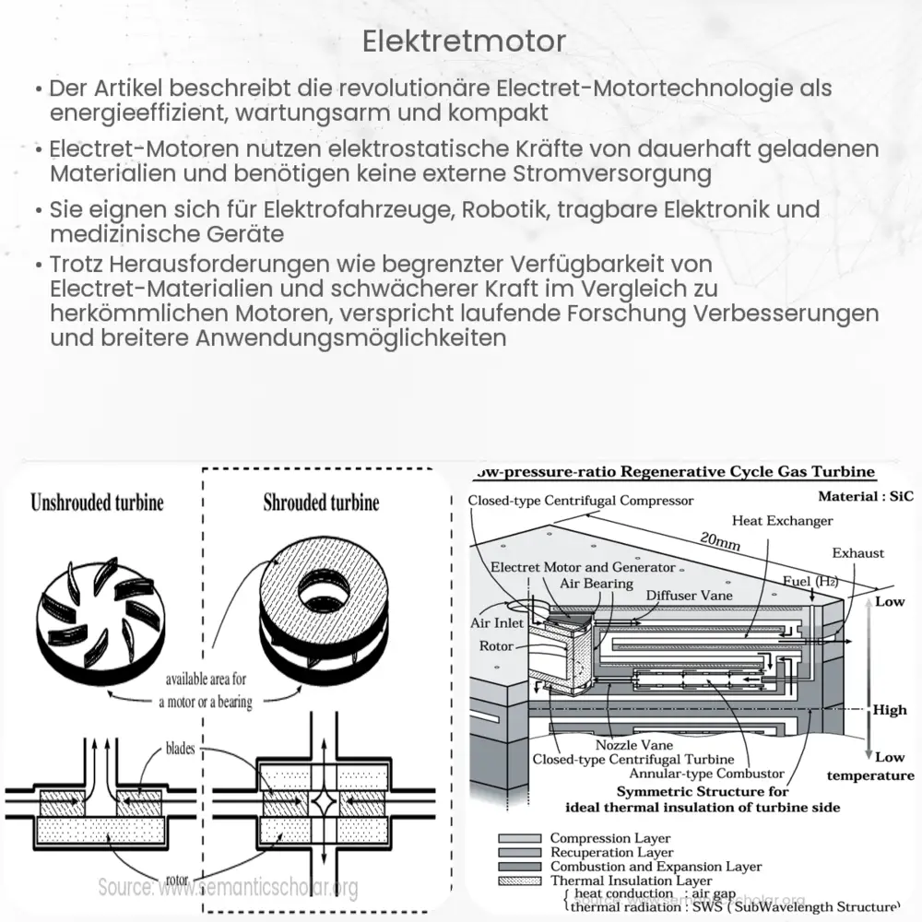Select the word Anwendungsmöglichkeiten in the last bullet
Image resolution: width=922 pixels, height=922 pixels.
point(351,337)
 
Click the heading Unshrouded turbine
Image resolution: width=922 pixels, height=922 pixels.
point(97,503)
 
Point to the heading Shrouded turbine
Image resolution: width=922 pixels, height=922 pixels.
point(321,503)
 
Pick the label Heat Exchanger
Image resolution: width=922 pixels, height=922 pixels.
point(782,521)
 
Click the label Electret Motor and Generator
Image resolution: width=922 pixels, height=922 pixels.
point(583,567)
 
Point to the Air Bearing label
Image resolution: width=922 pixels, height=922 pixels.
point(597,583)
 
